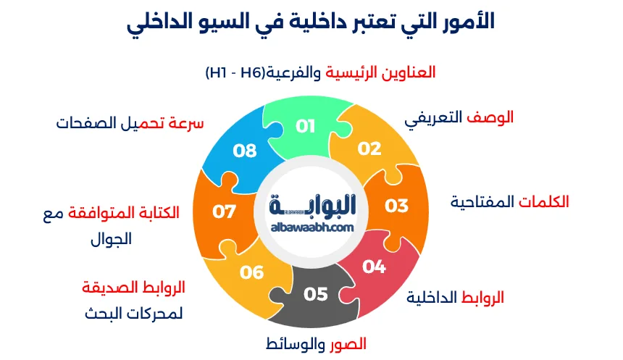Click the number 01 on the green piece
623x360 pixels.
point(306,126)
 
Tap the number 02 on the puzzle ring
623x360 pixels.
point(369,148)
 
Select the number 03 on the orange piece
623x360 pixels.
point(396,206)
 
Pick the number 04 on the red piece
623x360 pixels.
point(374,267)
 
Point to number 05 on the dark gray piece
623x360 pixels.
point(316,294)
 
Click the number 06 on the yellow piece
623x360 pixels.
point(252,272)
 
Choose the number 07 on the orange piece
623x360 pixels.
point(225,212)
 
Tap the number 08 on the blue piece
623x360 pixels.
point(245,151)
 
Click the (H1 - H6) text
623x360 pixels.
point(233,72)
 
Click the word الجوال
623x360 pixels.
point(112,240)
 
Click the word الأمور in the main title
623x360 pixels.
point(466,22)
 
